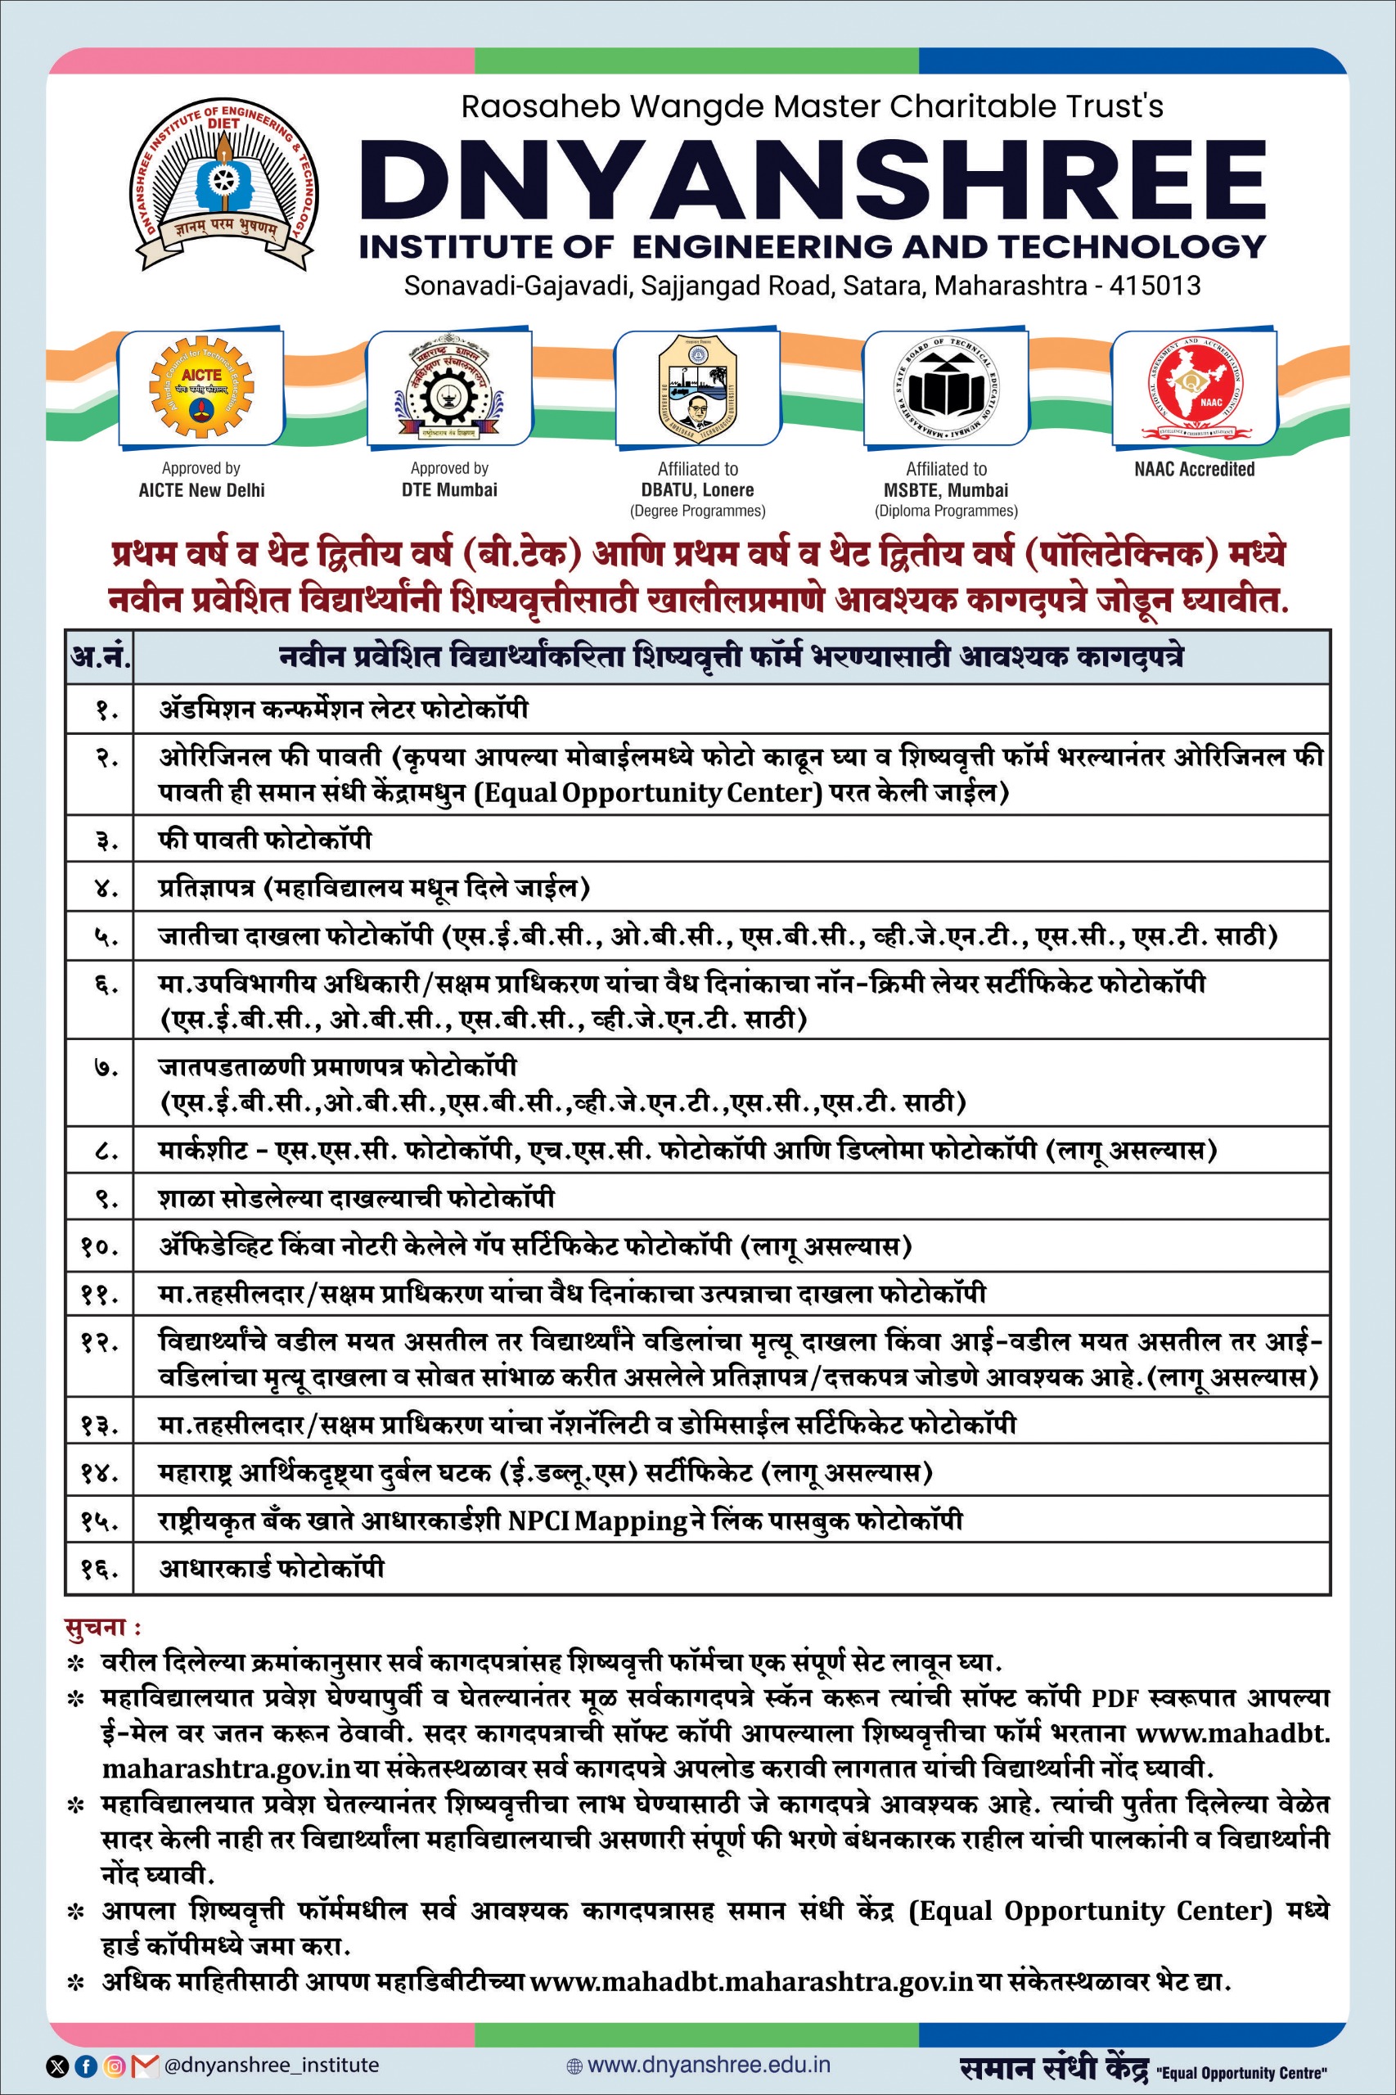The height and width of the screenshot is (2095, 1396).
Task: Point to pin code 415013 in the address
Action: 1155,286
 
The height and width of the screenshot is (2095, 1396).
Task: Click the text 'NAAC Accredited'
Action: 1194,469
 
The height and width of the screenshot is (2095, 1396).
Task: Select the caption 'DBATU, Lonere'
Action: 697,489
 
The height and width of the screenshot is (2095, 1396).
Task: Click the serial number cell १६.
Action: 99,1568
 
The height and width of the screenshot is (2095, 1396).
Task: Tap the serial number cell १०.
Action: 99,1246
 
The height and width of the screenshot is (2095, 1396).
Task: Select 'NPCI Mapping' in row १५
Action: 598,1521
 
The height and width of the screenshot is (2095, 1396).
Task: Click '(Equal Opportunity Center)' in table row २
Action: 647,792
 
